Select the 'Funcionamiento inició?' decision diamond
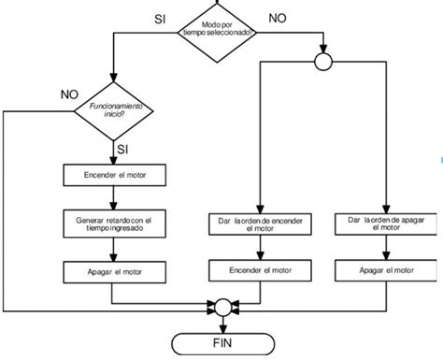click(113, 111)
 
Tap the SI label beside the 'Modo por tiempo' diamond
click(162, 17)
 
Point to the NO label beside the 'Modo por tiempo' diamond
click(278, 17)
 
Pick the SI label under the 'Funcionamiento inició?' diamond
click(122, 149)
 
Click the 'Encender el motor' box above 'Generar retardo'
click(114, 175)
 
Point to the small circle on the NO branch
click(323, 63)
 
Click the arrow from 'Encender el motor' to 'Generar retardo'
click(114, 194)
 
